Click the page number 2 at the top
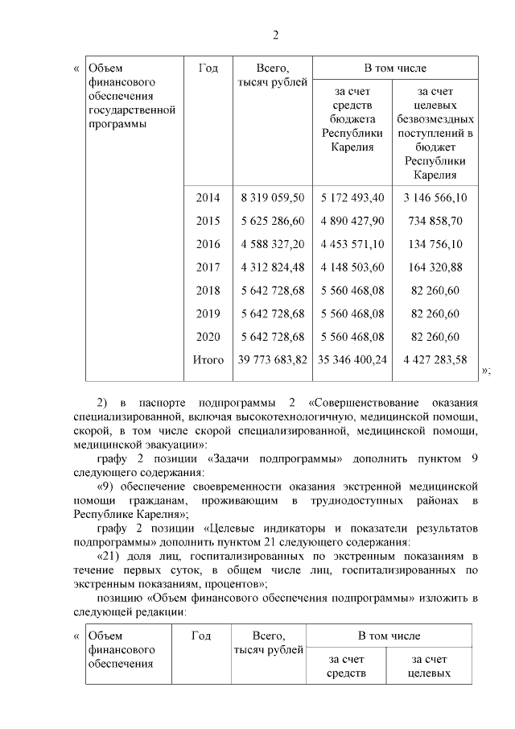point(275,35)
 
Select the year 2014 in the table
point(208,197)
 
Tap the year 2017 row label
point(208,267)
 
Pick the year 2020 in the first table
point(208,337)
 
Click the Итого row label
point(208,360)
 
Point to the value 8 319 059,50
point(272,197)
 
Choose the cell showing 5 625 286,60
point(272,221)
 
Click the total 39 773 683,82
point(272,360)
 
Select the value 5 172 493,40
point(352,197)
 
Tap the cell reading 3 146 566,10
point(435,197)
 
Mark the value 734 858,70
point(435,221)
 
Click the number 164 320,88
point(435,267)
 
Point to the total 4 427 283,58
point(435,360)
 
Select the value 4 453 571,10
point(352,244)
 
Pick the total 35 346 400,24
point(352,360)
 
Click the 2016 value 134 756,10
point(435,244)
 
